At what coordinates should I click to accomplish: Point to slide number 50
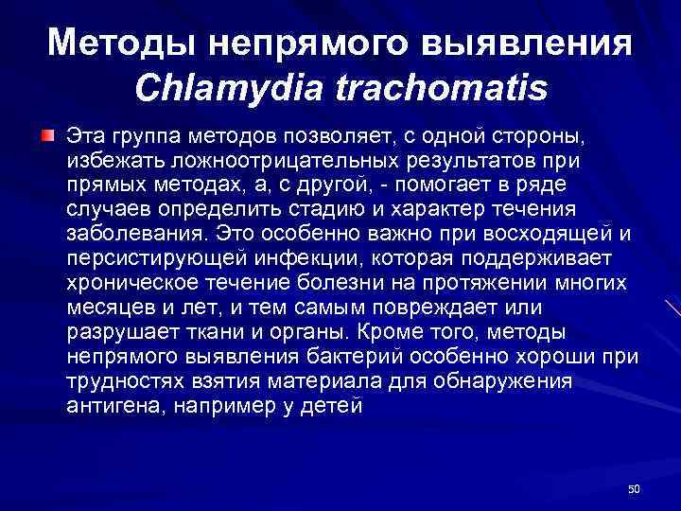point(634,488)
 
